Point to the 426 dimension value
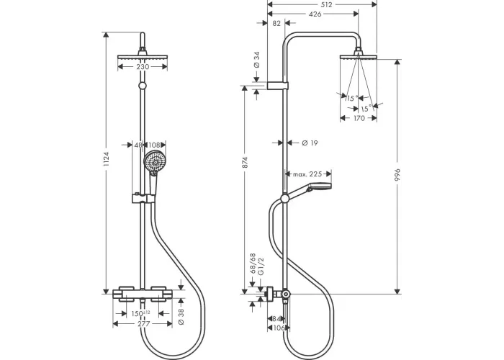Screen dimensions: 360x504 coord(315,13)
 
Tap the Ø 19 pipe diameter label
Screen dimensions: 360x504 coord(310,143)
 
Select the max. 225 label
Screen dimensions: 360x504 coord(309,174)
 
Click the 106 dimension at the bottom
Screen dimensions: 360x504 coord(279,329)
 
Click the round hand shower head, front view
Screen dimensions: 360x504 coord(153,162)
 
